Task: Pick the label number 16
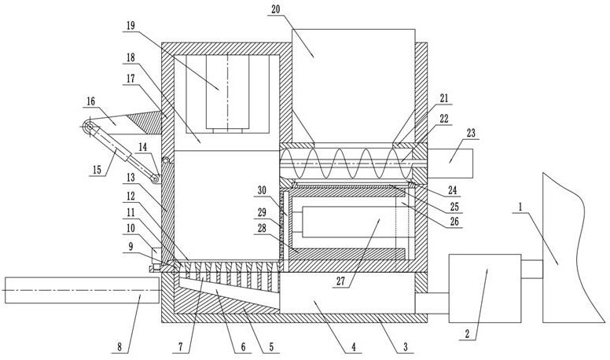coord(90,102)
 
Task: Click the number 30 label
coord(263,191)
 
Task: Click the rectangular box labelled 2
coord(483,282)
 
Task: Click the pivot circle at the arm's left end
coord(89,129)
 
